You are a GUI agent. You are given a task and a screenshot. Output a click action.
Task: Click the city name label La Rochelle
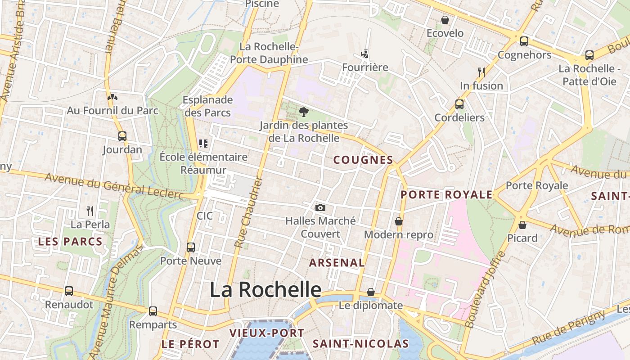(x=265, y=289)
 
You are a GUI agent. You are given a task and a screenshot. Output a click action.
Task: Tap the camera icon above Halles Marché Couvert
(x=320, y=207)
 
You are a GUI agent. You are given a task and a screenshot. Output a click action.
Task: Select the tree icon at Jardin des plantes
(x=304, y=112)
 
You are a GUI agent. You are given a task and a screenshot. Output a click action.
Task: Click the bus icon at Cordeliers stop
(x=459, y=104)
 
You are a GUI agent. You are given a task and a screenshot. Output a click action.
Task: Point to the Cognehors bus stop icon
(x=524, y=41)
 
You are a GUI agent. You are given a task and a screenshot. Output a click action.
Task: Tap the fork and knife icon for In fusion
(x=481, y=72)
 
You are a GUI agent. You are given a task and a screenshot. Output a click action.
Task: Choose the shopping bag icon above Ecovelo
(x=445, y=20)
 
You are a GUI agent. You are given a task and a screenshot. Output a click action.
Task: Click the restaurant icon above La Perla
(x=90, y=211)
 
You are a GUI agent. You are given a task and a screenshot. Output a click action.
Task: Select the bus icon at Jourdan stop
(x=122, y=136)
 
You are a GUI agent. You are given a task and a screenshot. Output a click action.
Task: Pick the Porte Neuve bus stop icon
(x=191, y=247)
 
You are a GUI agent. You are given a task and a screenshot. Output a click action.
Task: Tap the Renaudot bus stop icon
(x=69, y=291)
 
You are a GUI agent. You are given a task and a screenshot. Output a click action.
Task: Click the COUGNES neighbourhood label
(x=363, y=160)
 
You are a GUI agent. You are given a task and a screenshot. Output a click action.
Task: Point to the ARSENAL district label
(x=337, y=262)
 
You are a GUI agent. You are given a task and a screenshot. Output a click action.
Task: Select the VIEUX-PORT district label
(x=267, y=333)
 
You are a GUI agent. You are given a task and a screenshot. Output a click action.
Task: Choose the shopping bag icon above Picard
(x=522, y=225)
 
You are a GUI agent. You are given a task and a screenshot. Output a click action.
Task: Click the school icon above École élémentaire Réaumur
(x=203, y=144)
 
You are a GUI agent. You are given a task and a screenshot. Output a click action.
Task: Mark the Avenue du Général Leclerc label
(x=114, y=185)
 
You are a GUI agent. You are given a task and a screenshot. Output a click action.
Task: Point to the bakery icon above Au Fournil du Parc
(x=112, y=97)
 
